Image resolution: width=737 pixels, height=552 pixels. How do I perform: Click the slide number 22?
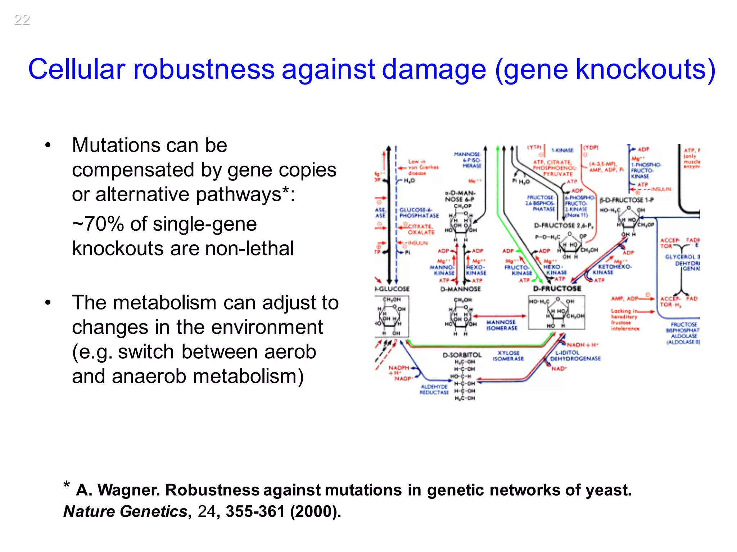point(22,20)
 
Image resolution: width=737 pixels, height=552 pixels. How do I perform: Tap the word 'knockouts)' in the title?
point(646,69)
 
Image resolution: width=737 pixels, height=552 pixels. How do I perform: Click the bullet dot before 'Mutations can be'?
point(48,146)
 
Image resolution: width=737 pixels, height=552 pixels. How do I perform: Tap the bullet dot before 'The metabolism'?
point(48,303)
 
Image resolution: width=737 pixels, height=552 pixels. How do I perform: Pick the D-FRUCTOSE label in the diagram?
point(557,289)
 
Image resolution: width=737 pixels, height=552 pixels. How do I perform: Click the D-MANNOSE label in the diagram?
point(460,289)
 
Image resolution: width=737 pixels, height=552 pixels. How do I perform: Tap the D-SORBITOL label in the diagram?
point(462,355)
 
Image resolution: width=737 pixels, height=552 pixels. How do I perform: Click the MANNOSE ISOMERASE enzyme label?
point(501,325)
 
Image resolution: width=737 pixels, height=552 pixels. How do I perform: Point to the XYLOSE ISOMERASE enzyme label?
point(508,356)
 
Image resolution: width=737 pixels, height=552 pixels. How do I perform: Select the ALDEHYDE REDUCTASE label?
point(434,390)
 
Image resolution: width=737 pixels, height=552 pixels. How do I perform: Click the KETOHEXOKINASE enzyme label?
point(612,270)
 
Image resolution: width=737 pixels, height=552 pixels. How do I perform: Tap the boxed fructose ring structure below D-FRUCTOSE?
point(557,313)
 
